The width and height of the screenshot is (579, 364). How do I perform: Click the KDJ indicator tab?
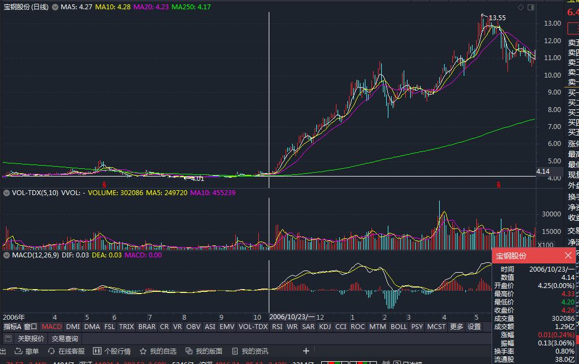(325, 327)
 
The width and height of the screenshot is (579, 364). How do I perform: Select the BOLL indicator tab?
(399, 327)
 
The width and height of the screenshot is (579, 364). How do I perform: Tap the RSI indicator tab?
(277, 327)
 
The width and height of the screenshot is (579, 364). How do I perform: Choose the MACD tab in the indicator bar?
(52, 327)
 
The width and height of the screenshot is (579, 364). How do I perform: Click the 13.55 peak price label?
(497, 18)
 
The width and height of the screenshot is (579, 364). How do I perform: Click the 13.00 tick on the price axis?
(553, 23)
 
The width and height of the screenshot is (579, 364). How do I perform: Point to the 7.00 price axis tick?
(553, 126)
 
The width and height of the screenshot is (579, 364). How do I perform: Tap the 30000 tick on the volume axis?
(550, 214)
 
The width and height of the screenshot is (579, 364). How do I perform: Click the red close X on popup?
(568, 255)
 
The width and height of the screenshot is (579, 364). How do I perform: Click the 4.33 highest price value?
(568, 293)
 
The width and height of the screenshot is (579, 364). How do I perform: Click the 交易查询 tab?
(65, 339)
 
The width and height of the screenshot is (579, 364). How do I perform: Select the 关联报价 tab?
(31, 339)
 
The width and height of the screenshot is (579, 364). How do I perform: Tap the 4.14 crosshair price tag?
(543, 172)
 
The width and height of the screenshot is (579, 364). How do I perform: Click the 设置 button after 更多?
(474, 327)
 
